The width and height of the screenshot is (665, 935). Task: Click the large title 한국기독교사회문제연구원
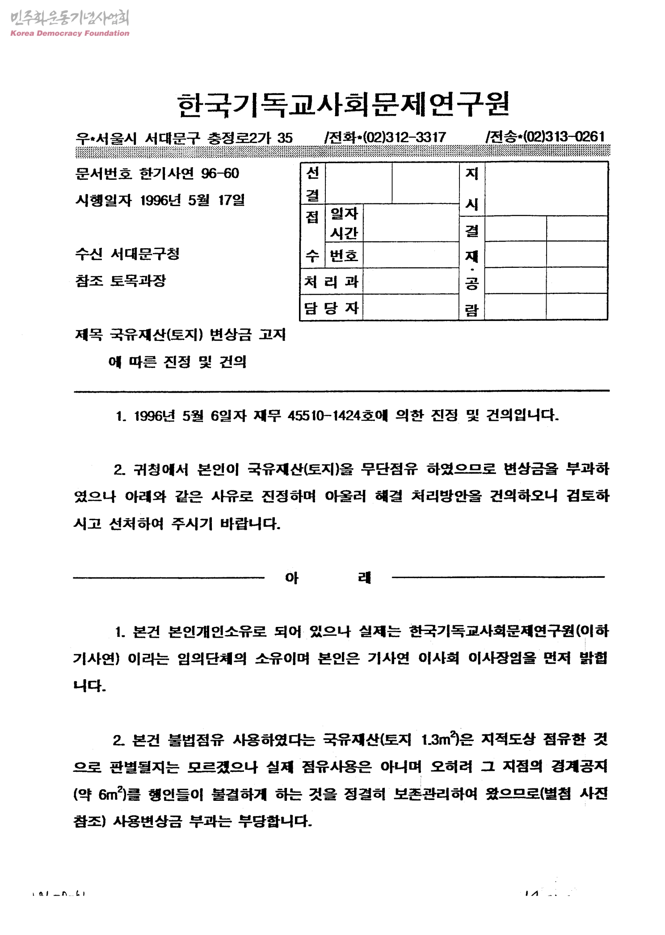pyautogui.click(x=343, y=104)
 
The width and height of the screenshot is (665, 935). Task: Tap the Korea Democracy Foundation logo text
pyautogui.click(x=70, y=33)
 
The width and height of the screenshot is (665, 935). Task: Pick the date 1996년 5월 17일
pyautogui.click(x=193, y=200)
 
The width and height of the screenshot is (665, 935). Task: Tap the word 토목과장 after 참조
pyautogui.click(x=138, y=281)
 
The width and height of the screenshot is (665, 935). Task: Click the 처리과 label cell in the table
pyautogui.click(x=331, y=282)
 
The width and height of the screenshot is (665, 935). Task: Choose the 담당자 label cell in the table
pyautogui.click(x=331, y=308)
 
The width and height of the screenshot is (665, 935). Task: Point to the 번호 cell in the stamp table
pyautogui.click(x=344, y=255)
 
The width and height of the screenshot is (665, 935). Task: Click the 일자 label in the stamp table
pyautogui.click(x=344, y=214)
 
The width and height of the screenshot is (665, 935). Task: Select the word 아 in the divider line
pyautogui.click(x=291, y=578)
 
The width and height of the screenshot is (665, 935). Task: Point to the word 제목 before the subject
pyautogui.click(x=88, y=334)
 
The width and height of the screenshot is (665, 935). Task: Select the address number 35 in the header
pyautogui.click(x=285, y=138)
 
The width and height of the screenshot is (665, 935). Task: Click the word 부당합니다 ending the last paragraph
pyautogui.click(x=275, y=821)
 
